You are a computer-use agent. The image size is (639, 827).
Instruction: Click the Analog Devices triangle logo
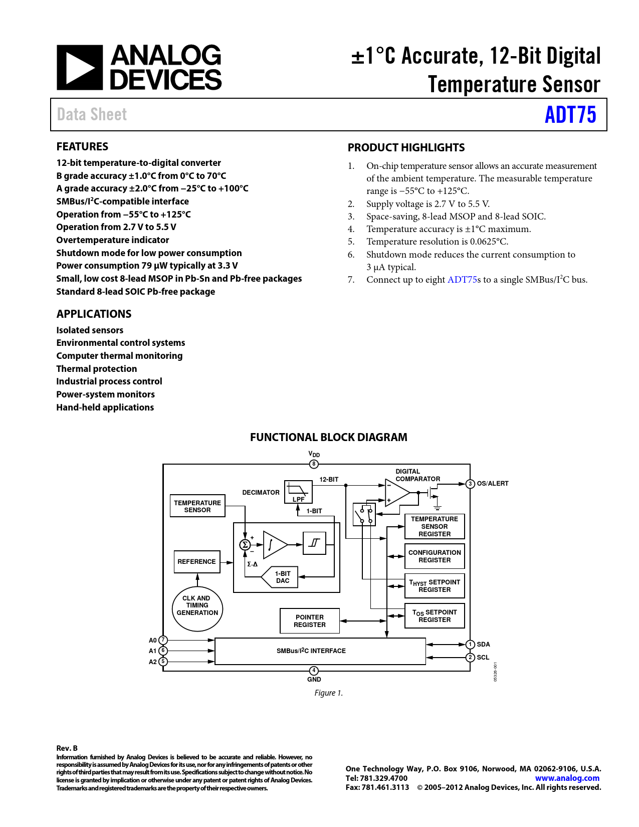80,68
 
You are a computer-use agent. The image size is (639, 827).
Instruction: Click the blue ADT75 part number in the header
570,115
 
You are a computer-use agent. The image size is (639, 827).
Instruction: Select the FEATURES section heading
82,147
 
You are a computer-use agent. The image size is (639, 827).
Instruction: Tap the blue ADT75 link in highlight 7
462,280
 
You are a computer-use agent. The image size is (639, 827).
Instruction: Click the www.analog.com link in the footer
567,778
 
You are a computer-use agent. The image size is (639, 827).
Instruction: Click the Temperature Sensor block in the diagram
197,506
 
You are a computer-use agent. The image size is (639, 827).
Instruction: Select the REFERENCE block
197,562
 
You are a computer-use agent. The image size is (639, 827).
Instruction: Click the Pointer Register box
310,621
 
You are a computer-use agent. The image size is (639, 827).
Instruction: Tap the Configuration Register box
435,556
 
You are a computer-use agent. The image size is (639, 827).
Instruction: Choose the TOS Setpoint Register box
435,616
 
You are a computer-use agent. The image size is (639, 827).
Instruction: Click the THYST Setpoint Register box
435,586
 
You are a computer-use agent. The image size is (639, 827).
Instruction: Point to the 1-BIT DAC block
282,577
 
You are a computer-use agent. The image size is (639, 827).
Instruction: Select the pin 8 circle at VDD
314,464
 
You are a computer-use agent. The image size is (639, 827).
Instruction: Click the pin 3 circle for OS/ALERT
470,484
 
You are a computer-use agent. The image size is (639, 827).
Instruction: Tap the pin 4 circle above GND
314,671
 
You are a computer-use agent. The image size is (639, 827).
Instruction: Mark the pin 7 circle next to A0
163,640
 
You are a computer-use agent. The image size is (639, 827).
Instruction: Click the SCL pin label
483,658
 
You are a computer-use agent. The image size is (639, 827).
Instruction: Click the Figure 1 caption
328,693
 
